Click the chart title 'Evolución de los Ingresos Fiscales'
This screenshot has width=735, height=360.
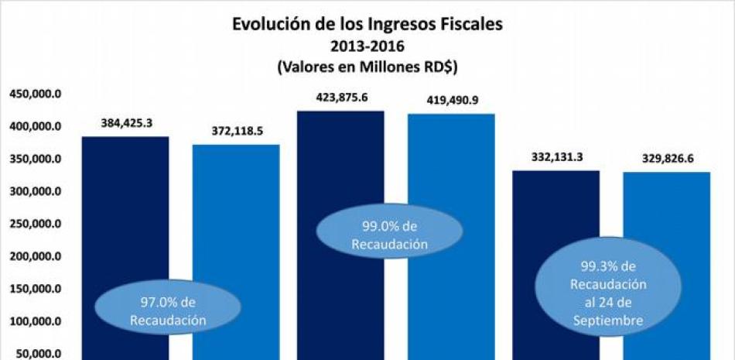pyautogui.click(x=367, y=24)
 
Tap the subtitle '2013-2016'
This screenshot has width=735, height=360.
pyautogui.click(x=367, y=46)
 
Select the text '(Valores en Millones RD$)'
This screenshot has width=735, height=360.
pyautogui.click(x=367, y=67)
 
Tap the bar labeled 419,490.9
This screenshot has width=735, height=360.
pyautogui.click(x=451, y=178)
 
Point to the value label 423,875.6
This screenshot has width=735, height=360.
pyautogui.click(x=341, y=98)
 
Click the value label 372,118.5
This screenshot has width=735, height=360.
pyautogui.click(x=237, y=131)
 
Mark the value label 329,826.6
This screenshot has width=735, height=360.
pyautogui.click(x=667, y=159)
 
